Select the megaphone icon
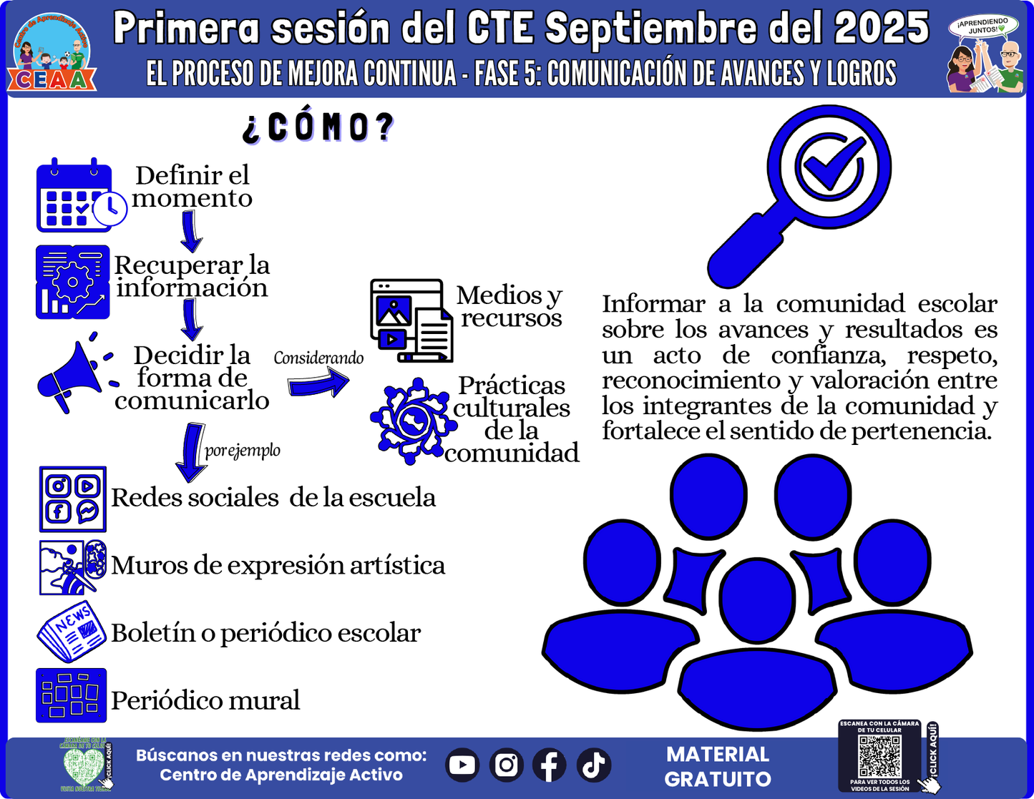73,374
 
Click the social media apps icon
72,499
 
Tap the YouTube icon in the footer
462,765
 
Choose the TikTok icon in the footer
593,765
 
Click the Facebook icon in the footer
550,765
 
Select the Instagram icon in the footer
506,765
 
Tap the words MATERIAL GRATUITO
718,767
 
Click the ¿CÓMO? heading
318,127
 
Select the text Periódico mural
205,700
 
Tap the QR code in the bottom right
879,757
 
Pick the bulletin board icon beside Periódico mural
71,695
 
